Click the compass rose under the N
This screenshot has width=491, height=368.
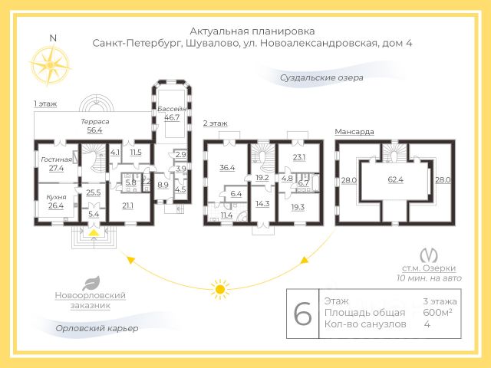coord(51,64)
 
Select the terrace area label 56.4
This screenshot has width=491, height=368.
coord(94,130)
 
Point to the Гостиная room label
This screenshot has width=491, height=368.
coord(56,159)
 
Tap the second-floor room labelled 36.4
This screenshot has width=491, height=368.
coord(226,166)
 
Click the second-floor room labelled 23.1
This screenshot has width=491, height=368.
coord(298,157)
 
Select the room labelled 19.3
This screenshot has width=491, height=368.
coord(298,207)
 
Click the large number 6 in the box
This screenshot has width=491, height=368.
coord(303,314)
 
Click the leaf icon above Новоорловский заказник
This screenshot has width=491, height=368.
coord(91,281)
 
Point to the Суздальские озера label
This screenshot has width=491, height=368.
coord(321,77)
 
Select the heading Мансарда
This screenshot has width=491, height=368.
coord(354,132)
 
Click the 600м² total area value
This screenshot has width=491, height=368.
coord(437,312)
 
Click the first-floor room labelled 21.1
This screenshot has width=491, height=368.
coord(127,205)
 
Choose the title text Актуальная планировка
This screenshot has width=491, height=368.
coord(252,30)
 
